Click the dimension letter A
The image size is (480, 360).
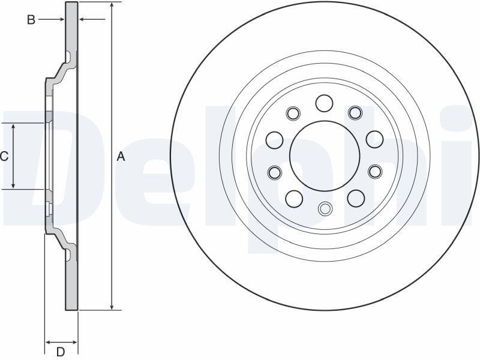121,157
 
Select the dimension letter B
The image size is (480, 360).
31,20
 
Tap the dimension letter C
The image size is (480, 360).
4,157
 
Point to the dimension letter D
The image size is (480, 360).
61,351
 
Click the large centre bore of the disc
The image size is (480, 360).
325,156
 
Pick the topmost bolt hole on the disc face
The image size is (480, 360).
325,103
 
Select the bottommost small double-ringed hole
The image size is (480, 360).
325,209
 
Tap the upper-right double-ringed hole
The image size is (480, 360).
355,113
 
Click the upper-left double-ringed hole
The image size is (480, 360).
293,113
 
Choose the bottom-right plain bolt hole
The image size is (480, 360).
356,198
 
